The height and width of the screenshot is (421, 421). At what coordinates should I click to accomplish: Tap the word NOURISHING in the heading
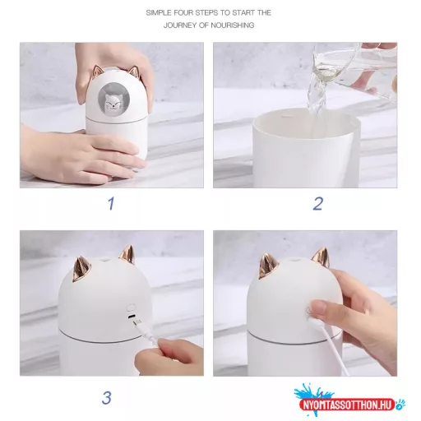click(x=233, y=25)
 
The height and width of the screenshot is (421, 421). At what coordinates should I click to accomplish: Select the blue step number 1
click(x=111, y=204)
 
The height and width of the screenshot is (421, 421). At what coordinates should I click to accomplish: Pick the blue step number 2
click(x=318, y=204)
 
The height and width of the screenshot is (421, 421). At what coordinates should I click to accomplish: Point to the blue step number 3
click(x=107, y=398)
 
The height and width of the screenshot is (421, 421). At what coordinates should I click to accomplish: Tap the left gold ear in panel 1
click(x=96, y=71)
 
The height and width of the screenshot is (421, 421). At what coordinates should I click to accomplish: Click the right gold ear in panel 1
click(x=133, y=72)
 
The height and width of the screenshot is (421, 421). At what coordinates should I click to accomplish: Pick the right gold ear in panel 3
click(x=127, y=256)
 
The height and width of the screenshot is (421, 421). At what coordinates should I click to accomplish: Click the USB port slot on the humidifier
click(x=132, y=317)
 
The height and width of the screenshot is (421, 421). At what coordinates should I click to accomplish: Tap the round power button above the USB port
click(x=131, y=307)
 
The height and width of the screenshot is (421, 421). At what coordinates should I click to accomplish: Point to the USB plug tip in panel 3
click(x=137, y=323)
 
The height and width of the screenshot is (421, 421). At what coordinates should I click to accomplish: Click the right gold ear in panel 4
click(x=321, y=257)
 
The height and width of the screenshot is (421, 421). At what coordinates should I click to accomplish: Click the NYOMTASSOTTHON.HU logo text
click(x=348, y=405)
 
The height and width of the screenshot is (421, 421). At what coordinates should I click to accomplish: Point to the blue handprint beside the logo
click(x=400, y=404)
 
